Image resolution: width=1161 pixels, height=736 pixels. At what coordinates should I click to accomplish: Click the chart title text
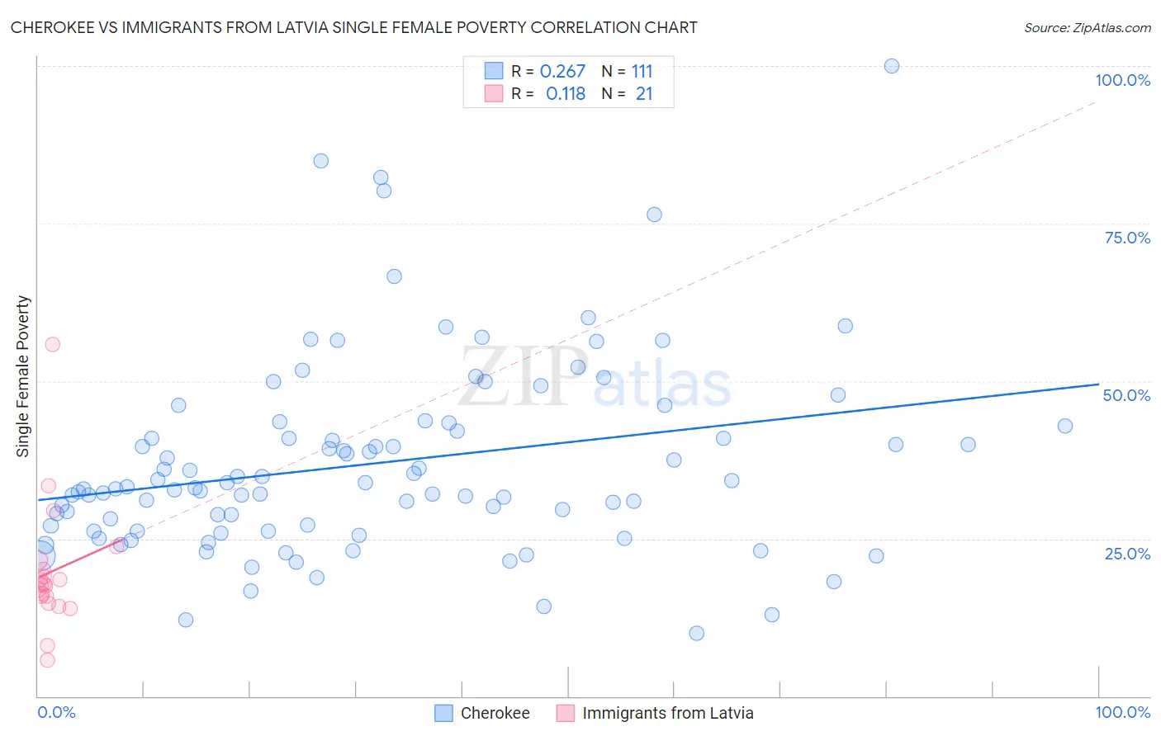pos(353,27)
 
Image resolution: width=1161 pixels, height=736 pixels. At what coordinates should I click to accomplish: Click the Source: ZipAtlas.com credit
pos(1087,27)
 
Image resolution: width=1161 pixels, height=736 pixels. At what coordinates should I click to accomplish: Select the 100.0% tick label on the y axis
pos(1122,80)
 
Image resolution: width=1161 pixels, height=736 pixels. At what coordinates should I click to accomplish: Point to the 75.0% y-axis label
pos(1127,238)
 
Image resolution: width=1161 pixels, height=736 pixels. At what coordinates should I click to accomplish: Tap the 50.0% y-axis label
pos(1126,395)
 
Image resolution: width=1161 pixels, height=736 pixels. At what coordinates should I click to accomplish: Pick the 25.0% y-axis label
pos(1127,554)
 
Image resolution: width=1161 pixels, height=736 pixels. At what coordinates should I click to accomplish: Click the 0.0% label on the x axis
pos(56,712)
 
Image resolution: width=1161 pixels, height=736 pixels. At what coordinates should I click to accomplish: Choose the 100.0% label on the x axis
pos(1122,712)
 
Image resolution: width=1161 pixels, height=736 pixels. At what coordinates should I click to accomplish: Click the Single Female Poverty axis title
pos(23,376)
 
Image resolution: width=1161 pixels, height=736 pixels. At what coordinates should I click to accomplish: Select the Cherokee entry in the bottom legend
pos(495,713)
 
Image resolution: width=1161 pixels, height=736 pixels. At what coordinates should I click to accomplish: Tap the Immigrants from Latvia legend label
pos(667,713)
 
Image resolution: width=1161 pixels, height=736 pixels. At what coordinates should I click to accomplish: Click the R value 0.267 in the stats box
pos(562,72)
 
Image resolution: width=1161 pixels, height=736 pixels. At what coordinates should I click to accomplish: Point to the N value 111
pos(642,72)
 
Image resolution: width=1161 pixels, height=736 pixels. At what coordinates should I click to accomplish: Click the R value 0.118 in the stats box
pos(565,94)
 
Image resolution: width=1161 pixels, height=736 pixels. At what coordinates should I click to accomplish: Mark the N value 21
pos(644,94)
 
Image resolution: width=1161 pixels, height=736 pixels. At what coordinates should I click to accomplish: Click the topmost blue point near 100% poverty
pos(892,66)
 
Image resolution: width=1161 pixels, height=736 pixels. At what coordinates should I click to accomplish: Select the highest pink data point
pos(52,345)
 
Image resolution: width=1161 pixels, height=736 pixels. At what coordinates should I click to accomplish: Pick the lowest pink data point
pos(47,660)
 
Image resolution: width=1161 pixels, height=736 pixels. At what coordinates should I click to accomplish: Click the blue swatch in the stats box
pos(494,71)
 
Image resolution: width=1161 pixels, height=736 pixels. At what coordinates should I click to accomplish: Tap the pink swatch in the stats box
pos(494,93)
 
